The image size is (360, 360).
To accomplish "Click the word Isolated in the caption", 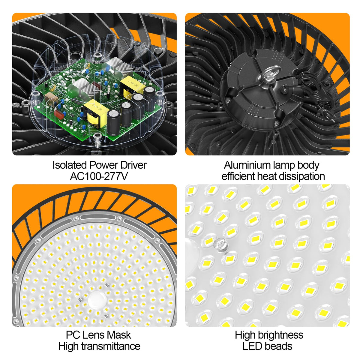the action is pos(70,165).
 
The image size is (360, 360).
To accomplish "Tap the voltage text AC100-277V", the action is pos(99,176).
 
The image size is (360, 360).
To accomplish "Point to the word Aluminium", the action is pos(247,165).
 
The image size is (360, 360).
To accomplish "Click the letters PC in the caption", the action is pos(73,335).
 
